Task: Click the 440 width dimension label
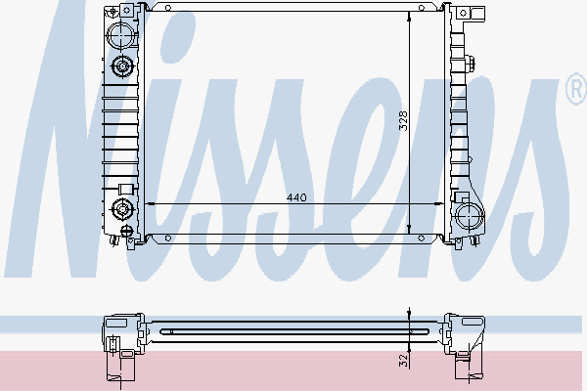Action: click(x=296, y=197)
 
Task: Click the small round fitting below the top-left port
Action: click(x=122, y=67)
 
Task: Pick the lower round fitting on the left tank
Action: click(x=122, y=208)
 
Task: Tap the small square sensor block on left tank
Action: click(x=124, y=188)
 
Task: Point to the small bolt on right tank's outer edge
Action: click(x=473, y=65)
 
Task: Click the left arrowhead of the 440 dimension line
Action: click(x=149, y=203)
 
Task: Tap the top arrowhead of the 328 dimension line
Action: click(x=410, y=17)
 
